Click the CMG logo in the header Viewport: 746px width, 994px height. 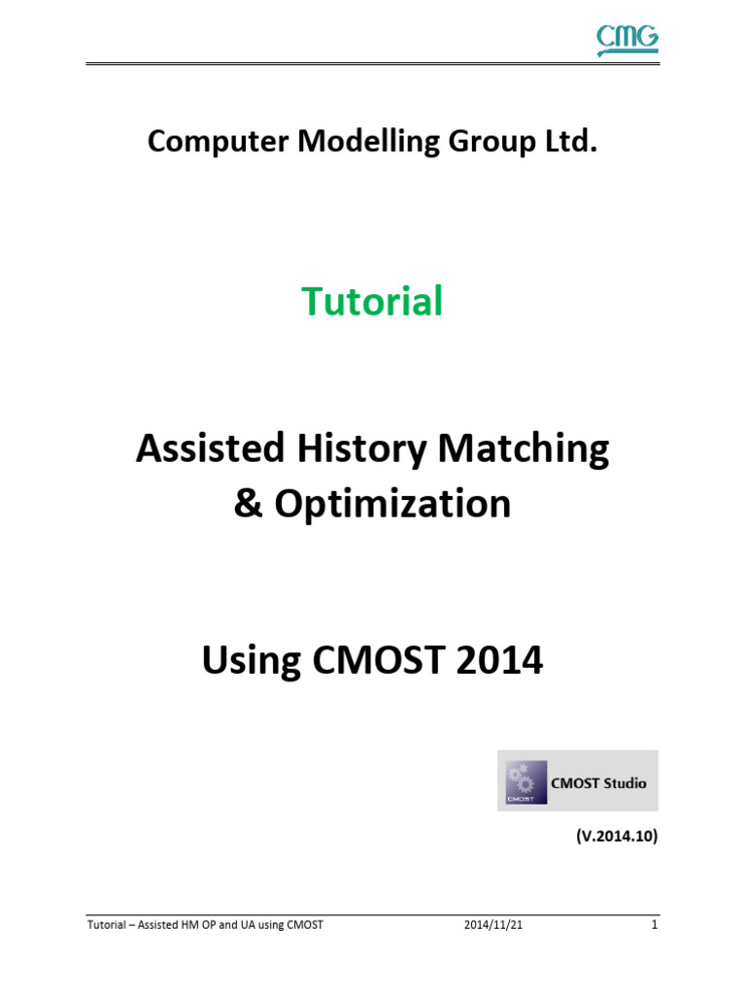tap(627, 39)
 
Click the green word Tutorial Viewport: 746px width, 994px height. tap(372, 301)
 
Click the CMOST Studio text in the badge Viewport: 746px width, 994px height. tap(597, 782)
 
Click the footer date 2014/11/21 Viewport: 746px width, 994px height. tap(493, 925)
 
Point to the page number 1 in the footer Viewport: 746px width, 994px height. tap(655, 925)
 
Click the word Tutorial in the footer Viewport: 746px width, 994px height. tap(106, 925)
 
